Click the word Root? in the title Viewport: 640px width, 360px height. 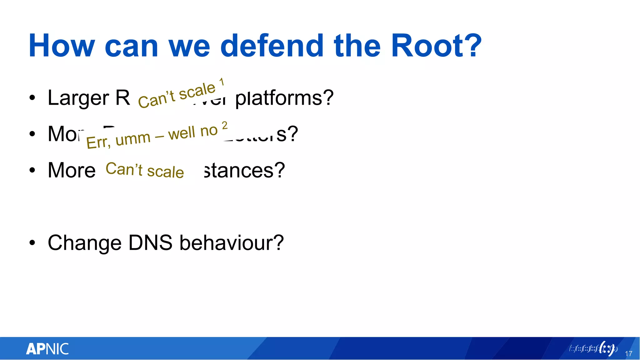[x=436, y=46]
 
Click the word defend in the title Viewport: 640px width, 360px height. [x=272, y=46]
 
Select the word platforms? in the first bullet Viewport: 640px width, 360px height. [x=284, y=98]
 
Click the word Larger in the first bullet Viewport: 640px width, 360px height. [x=78, y=98]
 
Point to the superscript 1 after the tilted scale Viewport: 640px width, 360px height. [x=222, y=82]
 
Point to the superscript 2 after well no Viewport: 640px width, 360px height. [x=225, y=125]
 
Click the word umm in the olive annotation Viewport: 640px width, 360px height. [x=133, y=138]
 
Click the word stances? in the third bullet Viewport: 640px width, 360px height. [x=244, y=170]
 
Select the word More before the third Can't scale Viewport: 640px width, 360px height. [x=72, y=170]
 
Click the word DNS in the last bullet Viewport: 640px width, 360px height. [x=150, y=243]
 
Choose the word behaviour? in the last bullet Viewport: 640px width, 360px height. [x=232, y=243]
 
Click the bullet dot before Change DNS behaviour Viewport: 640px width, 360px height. [x=32, y=243]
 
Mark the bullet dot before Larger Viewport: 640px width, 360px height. [x=32, y=98]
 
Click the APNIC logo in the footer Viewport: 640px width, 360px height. [x=47, y=349]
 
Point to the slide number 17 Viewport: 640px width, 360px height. [x=628, y=354]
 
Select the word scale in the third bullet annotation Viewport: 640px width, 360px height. [x=165, y=172]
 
